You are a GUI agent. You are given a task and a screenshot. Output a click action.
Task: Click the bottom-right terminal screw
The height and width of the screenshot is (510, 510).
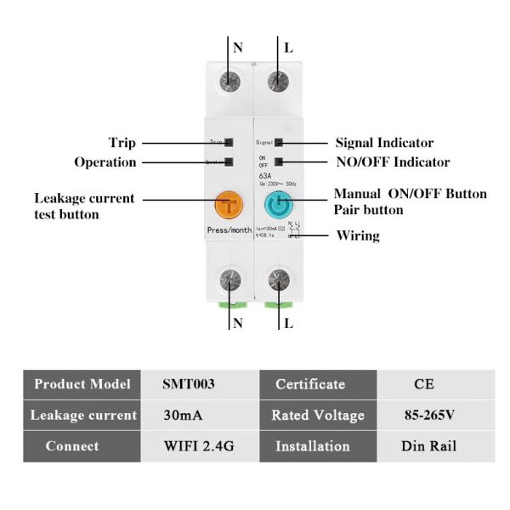pos(278,280)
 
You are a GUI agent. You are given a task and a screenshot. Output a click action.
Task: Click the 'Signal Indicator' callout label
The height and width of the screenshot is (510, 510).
pos(384,143)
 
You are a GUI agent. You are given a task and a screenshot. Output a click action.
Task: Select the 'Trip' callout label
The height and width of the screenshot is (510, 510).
pos(122,143)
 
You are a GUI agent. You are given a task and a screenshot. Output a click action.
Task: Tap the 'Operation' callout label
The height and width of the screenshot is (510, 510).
pos(105,161)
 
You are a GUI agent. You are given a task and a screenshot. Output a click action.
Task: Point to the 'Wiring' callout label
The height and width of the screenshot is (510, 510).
pos(358,235)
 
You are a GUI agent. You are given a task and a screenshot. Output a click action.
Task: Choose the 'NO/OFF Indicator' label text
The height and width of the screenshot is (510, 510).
pos(392,161)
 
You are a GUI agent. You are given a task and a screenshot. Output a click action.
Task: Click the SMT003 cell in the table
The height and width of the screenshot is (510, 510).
pos(189,384)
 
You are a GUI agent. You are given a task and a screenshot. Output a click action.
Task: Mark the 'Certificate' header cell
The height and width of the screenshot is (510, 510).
pos(310,384)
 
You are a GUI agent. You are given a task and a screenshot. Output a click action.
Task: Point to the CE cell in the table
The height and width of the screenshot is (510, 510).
pos(424,384)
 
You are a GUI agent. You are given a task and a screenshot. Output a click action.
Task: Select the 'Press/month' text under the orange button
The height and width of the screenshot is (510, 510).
pos(229,231)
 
